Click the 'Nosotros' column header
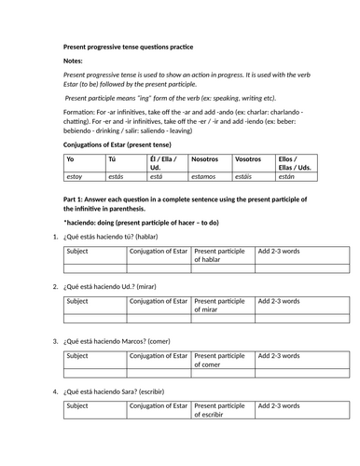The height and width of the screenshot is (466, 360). tap(205, 159)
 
